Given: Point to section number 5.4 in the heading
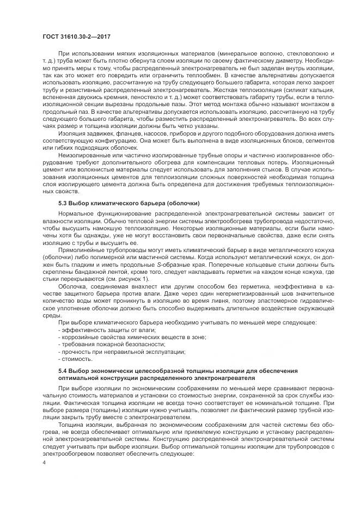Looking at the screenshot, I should pos(64,370).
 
